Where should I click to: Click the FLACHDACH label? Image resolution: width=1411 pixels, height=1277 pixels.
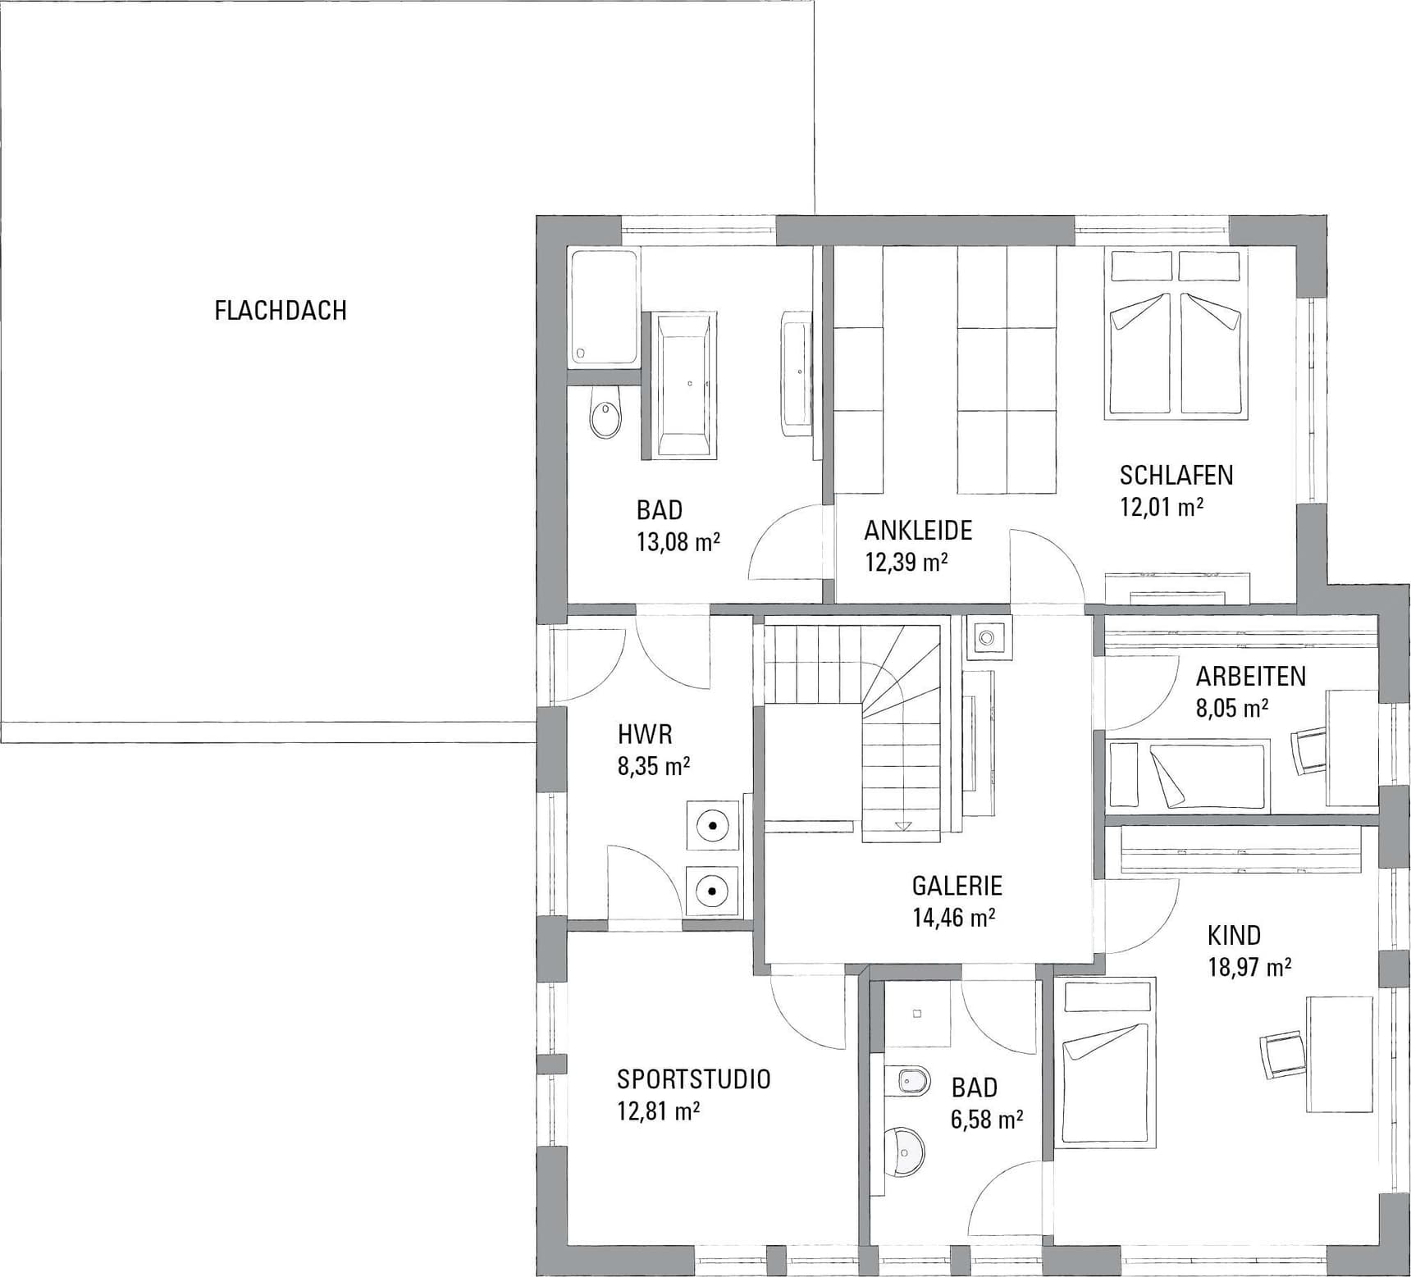coord(281,310)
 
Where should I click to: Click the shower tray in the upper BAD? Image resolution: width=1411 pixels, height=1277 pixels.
coord(604,307)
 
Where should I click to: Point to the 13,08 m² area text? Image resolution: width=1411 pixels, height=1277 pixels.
coord(678,541)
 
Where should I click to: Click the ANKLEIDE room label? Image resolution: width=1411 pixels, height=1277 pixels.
coord(918,530)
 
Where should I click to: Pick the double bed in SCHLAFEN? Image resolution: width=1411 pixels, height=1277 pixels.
coord(1175,334)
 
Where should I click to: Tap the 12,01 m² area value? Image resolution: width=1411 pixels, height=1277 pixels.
coord(1162,506)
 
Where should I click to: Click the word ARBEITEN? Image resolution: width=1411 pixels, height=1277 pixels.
coord(1251,676)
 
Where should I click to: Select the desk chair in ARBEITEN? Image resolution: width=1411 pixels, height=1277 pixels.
coord(1309,750)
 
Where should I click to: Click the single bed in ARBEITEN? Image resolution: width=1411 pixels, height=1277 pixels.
coord(1188,776)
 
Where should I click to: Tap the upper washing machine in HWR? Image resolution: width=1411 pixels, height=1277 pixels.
coord(713,825)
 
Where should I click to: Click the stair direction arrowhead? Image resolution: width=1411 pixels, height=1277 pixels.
coord(903,826)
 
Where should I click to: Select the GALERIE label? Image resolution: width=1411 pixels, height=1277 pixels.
coord(957,886)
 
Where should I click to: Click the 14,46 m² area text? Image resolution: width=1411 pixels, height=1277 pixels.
coord(954,917)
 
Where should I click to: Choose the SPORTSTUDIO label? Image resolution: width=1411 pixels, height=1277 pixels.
coord(694,1079)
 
